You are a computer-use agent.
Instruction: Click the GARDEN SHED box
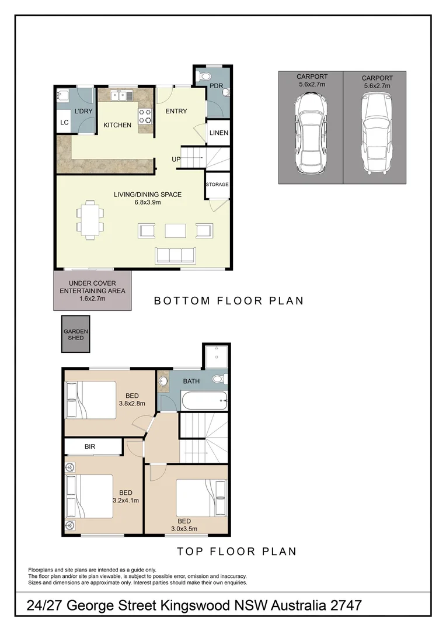pyautogui.click(x=76, y=335)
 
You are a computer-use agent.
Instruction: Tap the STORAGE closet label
pyautogui.click(x=217, y=185)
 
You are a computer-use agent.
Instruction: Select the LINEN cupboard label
pyautogui.click(x=218, y=133)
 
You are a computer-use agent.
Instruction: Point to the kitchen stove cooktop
pyautogui.click(x=145, y=116)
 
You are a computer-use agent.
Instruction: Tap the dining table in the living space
pyautogui.click(x=90, y=219)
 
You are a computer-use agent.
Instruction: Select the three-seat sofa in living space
pyautogui.click(x=175, y=255)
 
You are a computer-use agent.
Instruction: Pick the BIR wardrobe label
pyautogui.click(x=90, y=447)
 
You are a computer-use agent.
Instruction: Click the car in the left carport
pyautogui.click(x=310, y=133)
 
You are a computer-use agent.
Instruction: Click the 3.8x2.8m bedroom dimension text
pyautogui.click(x=131, y=403)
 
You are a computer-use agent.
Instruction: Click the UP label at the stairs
pyautogui.click(x=176, y=159)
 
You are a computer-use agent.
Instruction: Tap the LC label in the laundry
pyautogui.click(x=64, y=122)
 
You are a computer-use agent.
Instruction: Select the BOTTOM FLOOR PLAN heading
pyautogui.click(x=229, y=301)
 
